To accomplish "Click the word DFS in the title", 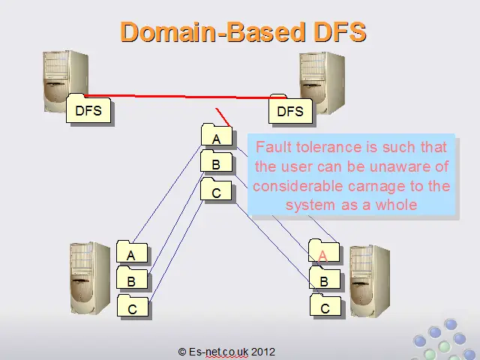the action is (x=340, y=31).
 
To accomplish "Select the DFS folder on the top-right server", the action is (x=290, y=109).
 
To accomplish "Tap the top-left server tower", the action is (x=65, y=80).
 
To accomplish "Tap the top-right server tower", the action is (x=322, y=82).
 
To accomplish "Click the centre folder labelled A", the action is (x=217, y=135).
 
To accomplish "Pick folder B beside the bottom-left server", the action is (x=132, y=277).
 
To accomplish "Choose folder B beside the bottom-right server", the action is (x=325, y=277).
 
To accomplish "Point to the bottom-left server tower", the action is (x=90, y=278).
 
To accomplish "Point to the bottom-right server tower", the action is (x=370, y=280).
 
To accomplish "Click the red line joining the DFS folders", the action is (x=185, y=97).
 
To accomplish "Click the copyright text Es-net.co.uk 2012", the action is (x=226, y=352).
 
